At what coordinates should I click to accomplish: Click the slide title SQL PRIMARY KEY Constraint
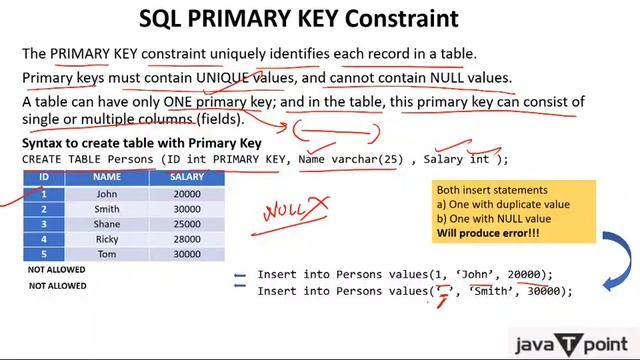[319, 19]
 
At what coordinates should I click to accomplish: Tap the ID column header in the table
[44, 177]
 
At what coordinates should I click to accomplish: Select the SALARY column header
[186, 177]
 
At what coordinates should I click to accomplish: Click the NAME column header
[107, 177]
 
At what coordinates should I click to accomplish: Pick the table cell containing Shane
[107, 225]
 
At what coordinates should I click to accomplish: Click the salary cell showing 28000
[186, 240]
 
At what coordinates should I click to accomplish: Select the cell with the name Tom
[107, 255]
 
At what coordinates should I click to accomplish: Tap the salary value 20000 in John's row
[186, 194]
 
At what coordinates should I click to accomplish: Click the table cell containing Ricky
[107, 240]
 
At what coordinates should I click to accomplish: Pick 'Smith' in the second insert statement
[483, 291]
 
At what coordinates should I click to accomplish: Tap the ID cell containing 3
[44, 225]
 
